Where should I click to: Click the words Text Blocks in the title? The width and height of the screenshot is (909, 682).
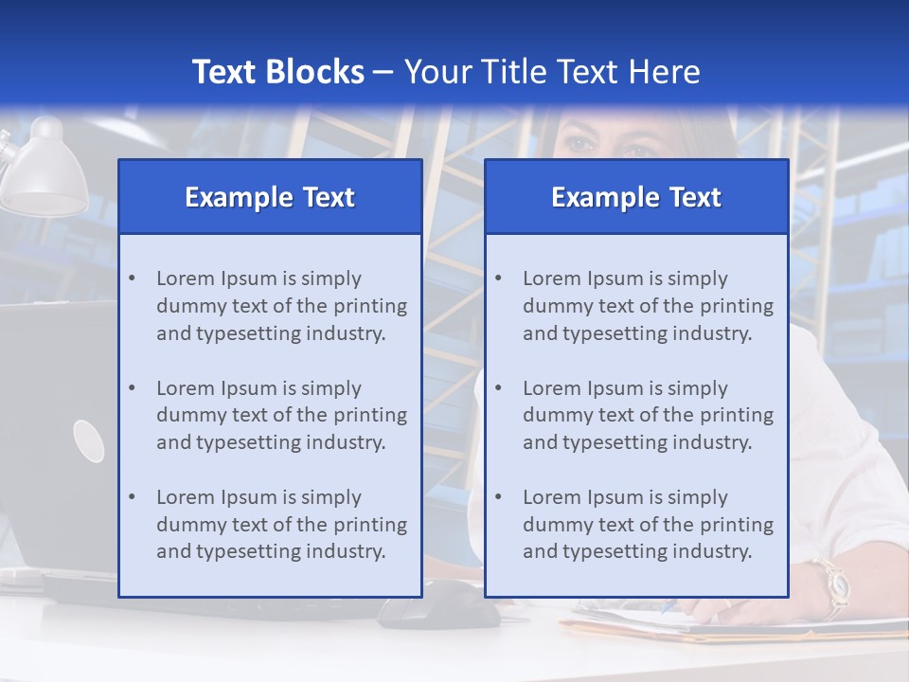(x=277, y=72)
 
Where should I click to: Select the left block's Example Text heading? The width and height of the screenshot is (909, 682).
(x=270, y=197)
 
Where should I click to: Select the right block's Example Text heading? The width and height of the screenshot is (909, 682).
(x=636, y=197)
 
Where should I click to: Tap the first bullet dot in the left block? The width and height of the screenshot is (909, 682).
(x=132, y=278)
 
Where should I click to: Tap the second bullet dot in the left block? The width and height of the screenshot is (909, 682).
(x=132, y=388)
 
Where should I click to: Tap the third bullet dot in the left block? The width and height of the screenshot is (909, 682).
(x=132, y=497)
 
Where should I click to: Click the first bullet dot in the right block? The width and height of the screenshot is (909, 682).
(x=498, y=278)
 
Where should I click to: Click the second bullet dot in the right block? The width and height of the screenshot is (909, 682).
(x=498, y=388)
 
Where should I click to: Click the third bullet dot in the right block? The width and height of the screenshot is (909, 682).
(x=498, y=497)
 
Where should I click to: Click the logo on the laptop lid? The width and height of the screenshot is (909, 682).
(x=89, y=440)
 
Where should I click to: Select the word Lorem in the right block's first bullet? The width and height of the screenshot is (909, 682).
(x=551, y=278)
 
